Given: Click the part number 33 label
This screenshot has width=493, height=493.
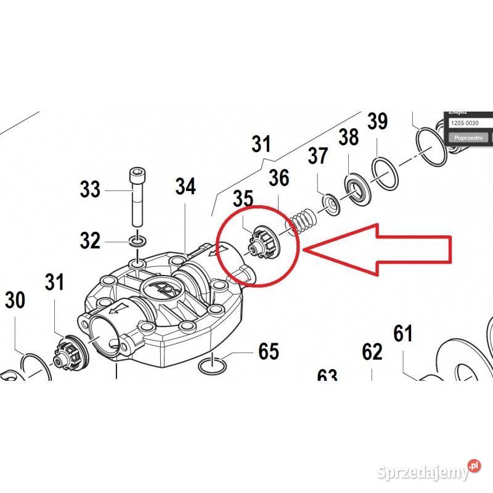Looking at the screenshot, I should [90, 189].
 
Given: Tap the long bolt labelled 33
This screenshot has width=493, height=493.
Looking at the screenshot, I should [137, 197].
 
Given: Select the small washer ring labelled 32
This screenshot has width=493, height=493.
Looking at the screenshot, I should [137, 240].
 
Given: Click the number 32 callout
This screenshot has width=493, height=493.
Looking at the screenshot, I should [90, 240].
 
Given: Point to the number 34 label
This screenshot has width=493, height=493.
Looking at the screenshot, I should [185, 185].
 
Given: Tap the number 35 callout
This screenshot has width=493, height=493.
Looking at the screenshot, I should [243, 198].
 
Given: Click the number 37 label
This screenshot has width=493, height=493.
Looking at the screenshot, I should [318, 156].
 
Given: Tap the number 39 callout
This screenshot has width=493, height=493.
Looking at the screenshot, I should [377, 121].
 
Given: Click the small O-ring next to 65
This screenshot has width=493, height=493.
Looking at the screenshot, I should [211, 366].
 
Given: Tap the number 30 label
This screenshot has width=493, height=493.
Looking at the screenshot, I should [15, 301].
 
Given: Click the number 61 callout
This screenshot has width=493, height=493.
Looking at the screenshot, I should [403, 334].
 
